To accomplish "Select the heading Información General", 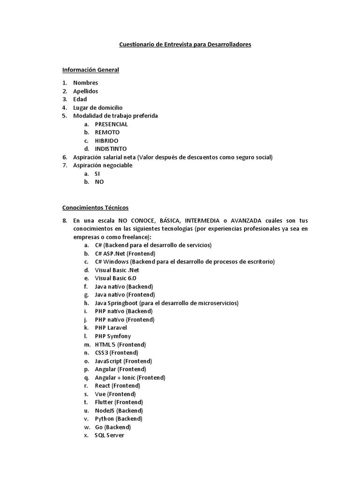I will coord(90,70).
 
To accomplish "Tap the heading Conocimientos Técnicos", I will coord(95,207).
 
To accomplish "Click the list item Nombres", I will coord(85,83).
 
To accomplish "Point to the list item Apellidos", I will coord(85,91).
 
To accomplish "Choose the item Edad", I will coord(80,99).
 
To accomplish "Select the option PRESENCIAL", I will coord(111,124).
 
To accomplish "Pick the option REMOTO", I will coord(107,132).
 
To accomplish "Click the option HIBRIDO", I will coord(106,141).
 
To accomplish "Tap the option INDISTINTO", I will coord(111,149).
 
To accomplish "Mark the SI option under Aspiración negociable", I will coord(97,173).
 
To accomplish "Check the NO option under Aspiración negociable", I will coord(99,182).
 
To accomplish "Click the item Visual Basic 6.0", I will coord(115,278).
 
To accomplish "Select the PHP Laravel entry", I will coord(111,328).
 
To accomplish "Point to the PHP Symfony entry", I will coord(112,336).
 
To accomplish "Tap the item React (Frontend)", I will coord(117,386).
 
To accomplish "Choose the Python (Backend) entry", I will coord(118,419).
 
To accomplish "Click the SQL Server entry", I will coord(109,435).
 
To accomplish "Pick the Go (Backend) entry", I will coord(112,427).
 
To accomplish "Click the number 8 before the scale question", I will coord(65,221).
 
